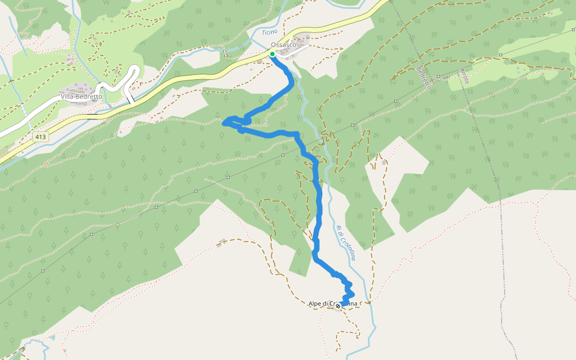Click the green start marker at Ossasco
(x=272, y=54)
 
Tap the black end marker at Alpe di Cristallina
(x=338, y=306)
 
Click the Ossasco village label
(x=283, y=45)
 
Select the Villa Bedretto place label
(x=81, y=96)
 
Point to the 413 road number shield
(x=40, y=137)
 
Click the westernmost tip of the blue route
(x=224, y=123)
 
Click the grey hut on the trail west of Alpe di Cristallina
(x=223, y=242)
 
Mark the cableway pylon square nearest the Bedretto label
(x=439, y=76)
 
